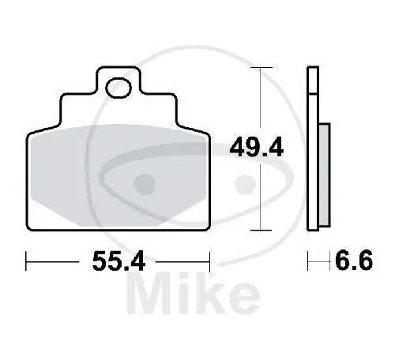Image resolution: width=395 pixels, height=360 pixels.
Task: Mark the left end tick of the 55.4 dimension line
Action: click(28, 258)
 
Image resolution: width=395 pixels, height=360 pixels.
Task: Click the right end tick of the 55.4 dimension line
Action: click(209, 258)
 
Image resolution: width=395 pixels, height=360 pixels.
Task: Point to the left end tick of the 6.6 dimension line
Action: click(309, 258)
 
